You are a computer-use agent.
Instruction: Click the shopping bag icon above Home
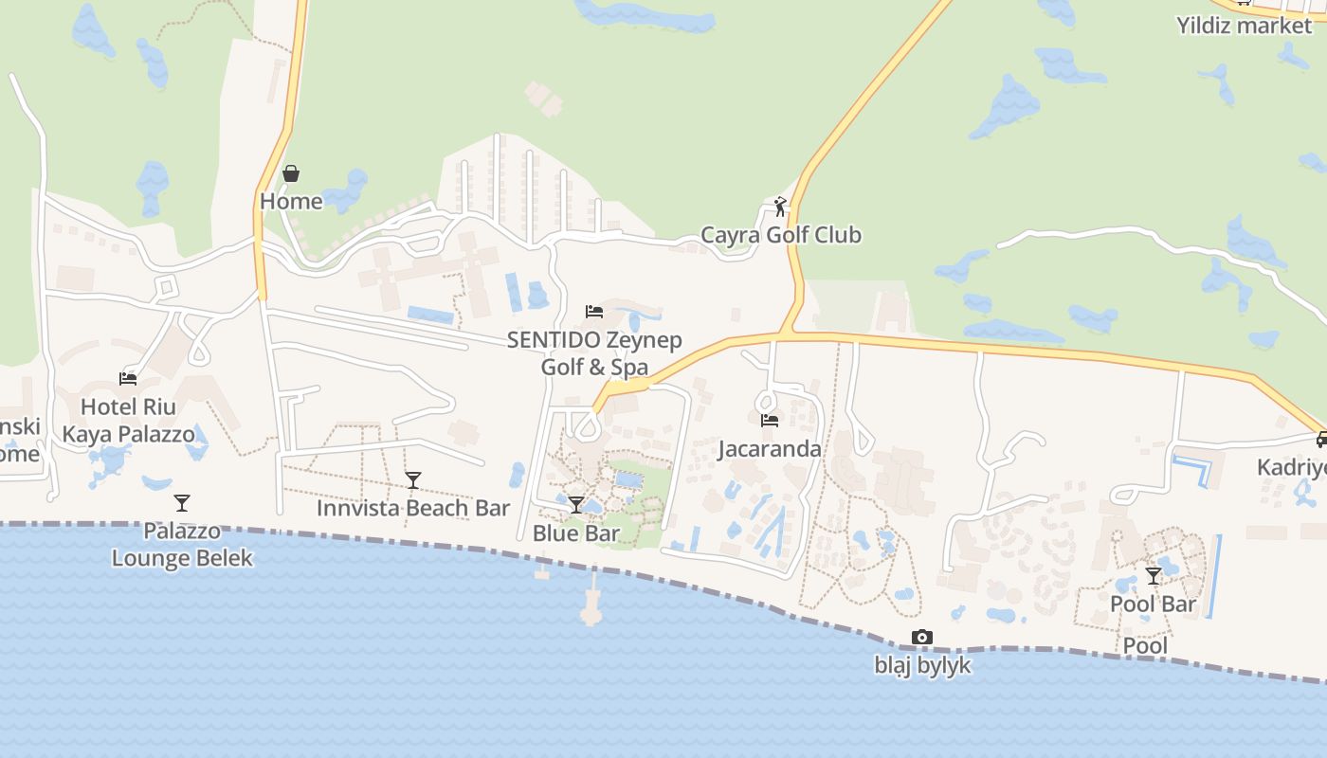pos(291,173)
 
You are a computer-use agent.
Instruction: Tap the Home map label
pos(291,201)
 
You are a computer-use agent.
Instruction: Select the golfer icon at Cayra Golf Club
pos(780,207)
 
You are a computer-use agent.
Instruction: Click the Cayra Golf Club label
pos(780,234)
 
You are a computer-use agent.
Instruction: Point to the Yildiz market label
pos(1244,25)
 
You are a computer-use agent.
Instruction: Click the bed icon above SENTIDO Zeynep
pos(594,311)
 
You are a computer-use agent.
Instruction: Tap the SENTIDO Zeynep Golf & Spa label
pos(594,352)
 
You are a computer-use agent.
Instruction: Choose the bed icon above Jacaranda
pos(770,420)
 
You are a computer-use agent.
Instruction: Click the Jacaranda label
pos(770,448)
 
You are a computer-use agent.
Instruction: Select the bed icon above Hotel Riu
pos(128,379)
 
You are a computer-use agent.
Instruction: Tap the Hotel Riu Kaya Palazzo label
pos(128,421)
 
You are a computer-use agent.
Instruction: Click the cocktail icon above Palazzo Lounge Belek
pos(182,502)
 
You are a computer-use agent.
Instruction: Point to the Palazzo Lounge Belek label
pos(182,544)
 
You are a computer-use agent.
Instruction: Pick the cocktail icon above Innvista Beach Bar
pos(413,480)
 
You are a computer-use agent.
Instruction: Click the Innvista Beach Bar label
pos(413,508)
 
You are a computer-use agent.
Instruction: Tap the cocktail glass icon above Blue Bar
pos(576,505)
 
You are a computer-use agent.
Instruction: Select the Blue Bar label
pos(576,532)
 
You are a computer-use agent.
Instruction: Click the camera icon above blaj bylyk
pos(922,637)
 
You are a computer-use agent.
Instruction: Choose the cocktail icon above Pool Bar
pos(1154,575)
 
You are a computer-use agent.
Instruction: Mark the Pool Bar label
pos(1154,604)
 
